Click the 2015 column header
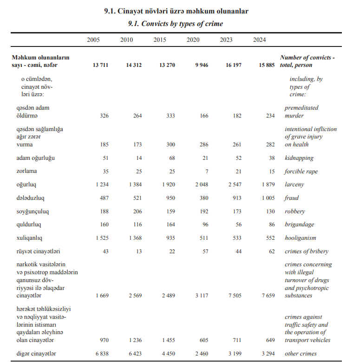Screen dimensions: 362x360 click(x=160, y=40)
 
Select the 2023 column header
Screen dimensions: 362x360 click(x=226, y=40)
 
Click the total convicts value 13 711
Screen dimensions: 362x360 click(x=100, y=66)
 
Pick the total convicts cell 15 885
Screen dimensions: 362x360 click(x=267, y=66)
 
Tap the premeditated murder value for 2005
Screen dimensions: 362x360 click(x=104, y=116)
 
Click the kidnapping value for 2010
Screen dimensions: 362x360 click(x=138, y=158)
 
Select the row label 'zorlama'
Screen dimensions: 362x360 click(x=27, y=171)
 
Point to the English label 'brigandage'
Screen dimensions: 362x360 click(x=300, y=225)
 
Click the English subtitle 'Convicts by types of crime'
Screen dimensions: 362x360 click(x=176, y=24)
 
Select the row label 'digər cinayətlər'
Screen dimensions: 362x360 click(x=37, y=354)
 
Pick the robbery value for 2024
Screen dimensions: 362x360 click(x=270, y=211)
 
